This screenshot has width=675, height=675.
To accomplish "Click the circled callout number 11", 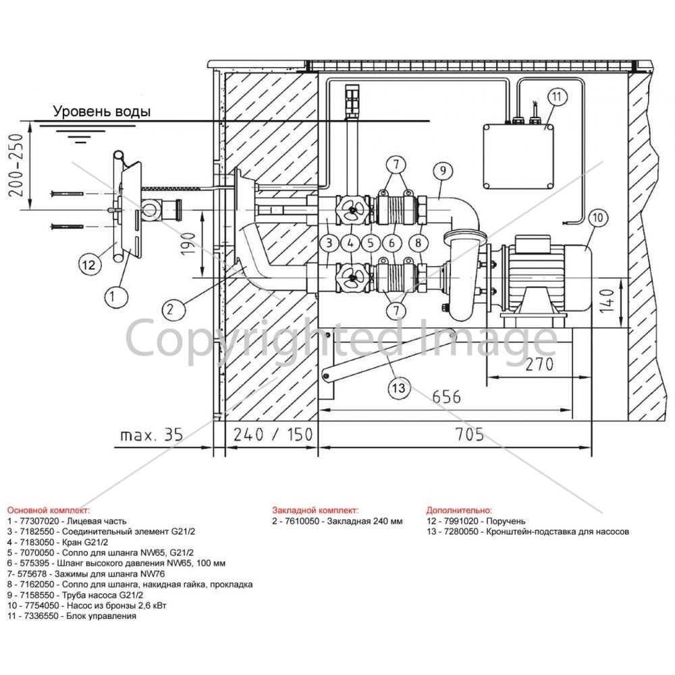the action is (557, 97).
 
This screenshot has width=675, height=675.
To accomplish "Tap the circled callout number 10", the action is (597, 217).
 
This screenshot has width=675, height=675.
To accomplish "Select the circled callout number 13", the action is (399, 388).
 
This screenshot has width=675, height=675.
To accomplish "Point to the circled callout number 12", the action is (88, 264).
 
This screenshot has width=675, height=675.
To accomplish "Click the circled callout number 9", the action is (443, 171).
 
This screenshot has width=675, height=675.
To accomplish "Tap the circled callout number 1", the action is (112, 296).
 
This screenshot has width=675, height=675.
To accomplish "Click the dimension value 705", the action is (470, 434).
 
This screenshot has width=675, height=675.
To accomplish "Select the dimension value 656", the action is (446, 396).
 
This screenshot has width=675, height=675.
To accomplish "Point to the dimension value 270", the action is (539, 364).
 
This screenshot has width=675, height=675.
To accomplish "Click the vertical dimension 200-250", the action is (16, 166).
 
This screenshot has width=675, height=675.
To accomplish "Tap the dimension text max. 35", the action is (151, 435).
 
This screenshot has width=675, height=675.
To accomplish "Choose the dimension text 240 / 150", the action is (273, 434).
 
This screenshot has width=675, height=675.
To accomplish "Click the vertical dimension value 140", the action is (607, 301).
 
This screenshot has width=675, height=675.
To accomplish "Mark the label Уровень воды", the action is (102, 111).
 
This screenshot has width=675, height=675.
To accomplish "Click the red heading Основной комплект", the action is (48, 510).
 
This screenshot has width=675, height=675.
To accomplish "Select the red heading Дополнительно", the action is (459, 510).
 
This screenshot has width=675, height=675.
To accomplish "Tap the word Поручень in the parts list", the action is (506, 521).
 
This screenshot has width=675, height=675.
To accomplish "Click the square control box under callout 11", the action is (518, 157).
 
